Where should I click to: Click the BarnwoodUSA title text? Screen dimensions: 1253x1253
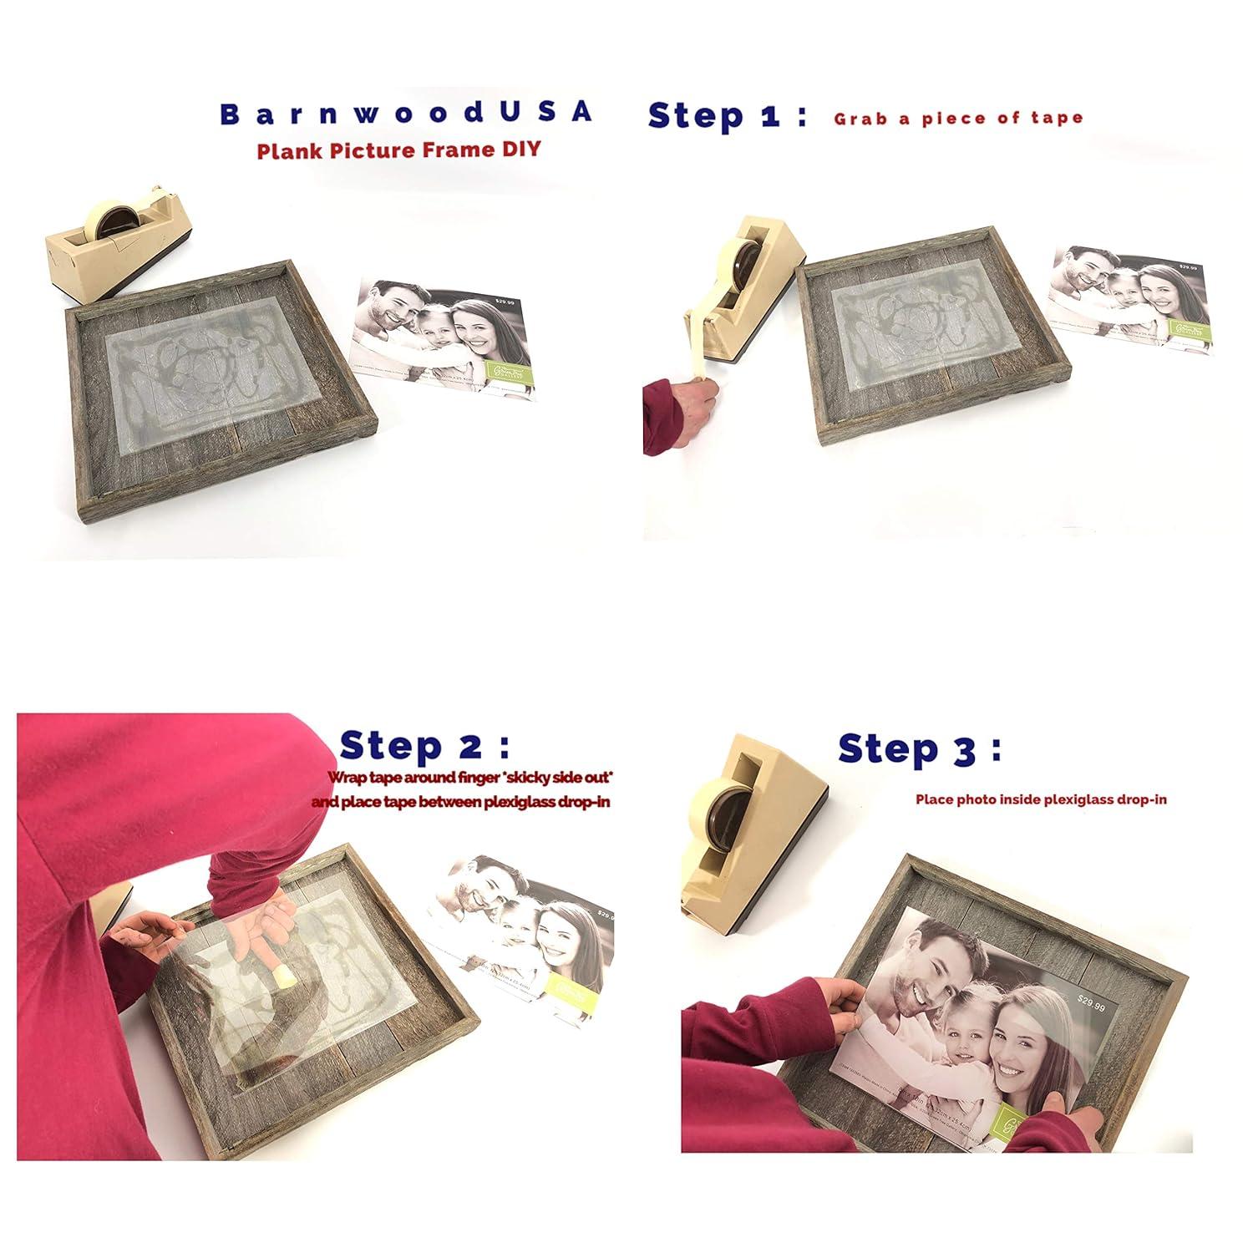click(407, 113)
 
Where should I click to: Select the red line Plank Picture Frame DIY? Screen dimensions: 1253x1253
click(398, 150)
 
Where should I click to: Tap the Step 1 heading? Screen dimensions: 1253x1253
click(727, 116)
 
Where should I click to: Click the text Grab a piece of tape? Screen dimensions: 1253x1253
click(958, 119)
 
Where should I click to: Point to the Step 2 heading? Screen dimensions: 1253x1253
click(424, 745)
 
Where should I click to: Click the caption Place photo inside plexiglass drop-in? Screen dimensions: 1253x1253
click(1041, 799)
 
